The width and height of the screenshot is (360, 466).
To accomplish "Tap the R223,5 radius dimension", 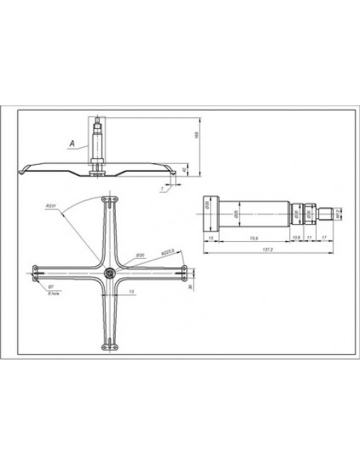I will [167, 252].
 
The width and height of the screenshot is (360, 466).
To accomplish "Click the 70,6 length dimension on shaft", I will [253, 237].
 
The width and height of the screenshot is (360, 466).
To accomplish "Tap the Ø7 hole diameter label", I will [50, 286].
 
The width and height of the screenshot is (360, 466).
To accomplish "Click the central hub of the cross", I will [110, 273].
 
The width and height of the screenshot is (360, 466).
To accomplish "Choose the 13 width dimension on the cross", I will [131, 292].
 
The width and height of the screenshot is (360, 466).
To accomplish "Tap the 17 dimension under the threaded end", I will [324, 237].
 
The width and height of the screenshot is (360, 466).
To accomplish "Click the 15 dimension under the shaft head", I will [212, 237].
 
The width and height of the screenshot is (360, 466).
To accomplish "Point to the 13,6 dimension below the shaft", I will [296, 237].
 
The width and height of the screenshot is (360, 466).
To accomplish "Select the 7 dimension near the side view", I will [160, 189].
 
